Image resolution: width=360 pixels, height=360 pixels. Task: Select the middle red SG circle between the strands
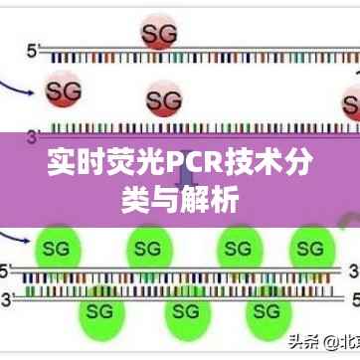[163, 99]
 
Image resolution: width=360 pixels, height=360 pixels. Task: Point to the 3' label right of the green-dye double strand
[352, 269]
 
